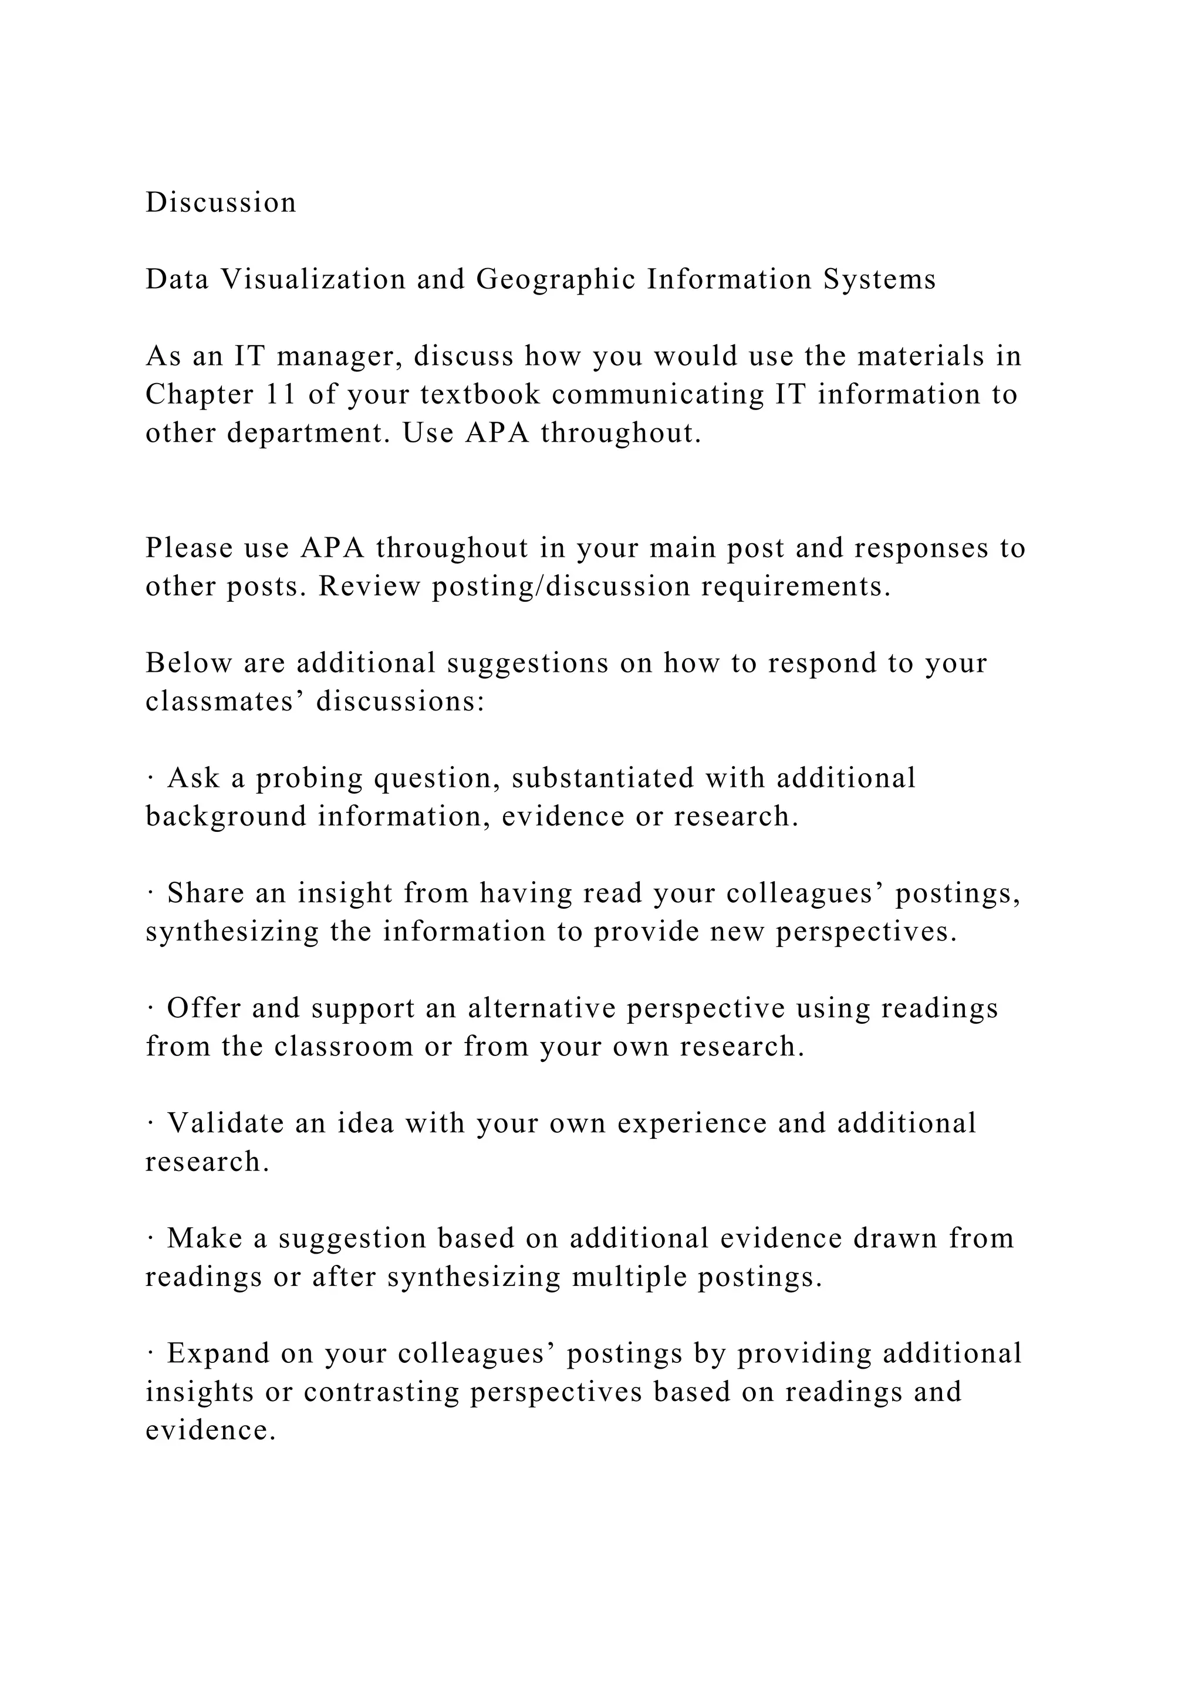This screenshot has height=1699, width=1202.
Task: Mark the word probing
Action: pyautogui.click(x=309, y=779)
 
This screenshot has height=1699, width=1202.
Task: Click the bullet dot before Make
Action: pyautogui.click(x=150, y=1238)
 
